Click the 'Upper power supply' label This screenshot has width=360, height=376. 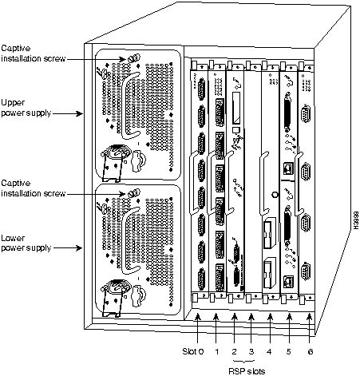tap(26, 108)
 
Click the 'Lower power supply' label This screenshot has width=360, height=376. tap(26, 243)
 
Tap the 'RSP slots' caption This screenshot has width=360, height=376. tap(247, 370)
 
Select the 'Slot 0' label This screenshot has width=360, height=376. tap(193, 351)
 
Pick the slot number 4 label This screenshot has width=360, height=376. tap(269, 352)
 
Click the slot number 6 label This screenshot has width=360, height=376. tap(310, 352)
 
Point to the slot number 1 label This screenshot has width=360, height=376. tap(217, 352)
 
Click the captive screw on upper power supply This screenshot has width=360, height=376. tap(133, 57)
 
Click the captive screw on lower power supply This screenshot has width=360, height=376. tap(133, 192)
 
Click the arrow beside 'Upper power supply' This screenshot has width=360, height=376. tap(68, 113)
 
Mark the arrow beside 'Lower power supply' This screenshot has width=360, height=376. tap(68, 248)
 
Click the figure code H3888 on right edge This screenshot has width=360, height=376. tap(356, 220)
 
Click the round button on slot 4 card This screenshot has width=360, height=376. tap(275, 195)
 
